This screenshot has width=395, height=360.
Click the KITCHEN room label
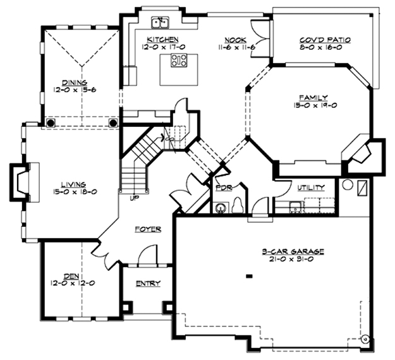click(x=163, y=39)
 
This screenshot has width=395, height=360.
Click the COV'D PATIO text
click(x=325, y=39)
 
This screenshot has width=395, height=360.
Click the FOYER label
click(x=147, y=229)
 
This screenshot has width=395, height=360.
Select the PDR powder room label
click(x=223, y=188)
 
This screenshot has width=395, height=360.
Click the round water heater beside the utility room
click(x=346, y=186)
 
